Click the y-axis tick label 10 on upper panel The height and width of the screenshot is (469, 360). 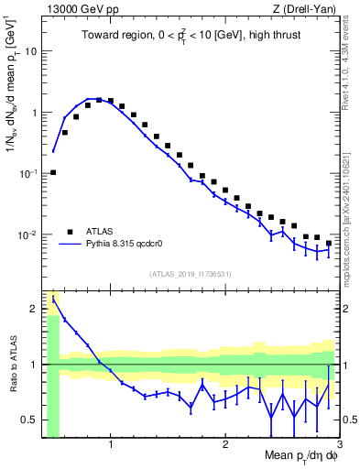pos(30,51)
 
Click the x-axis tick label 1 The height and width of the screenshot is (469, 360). pos(111,445)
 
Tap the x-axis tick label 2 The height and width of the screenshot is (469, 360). pos(225,445)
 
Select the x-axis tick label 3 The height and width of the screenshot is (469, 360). pos(339,445)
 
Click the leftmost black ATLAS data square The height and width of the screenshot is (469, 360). pos(53,172)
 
